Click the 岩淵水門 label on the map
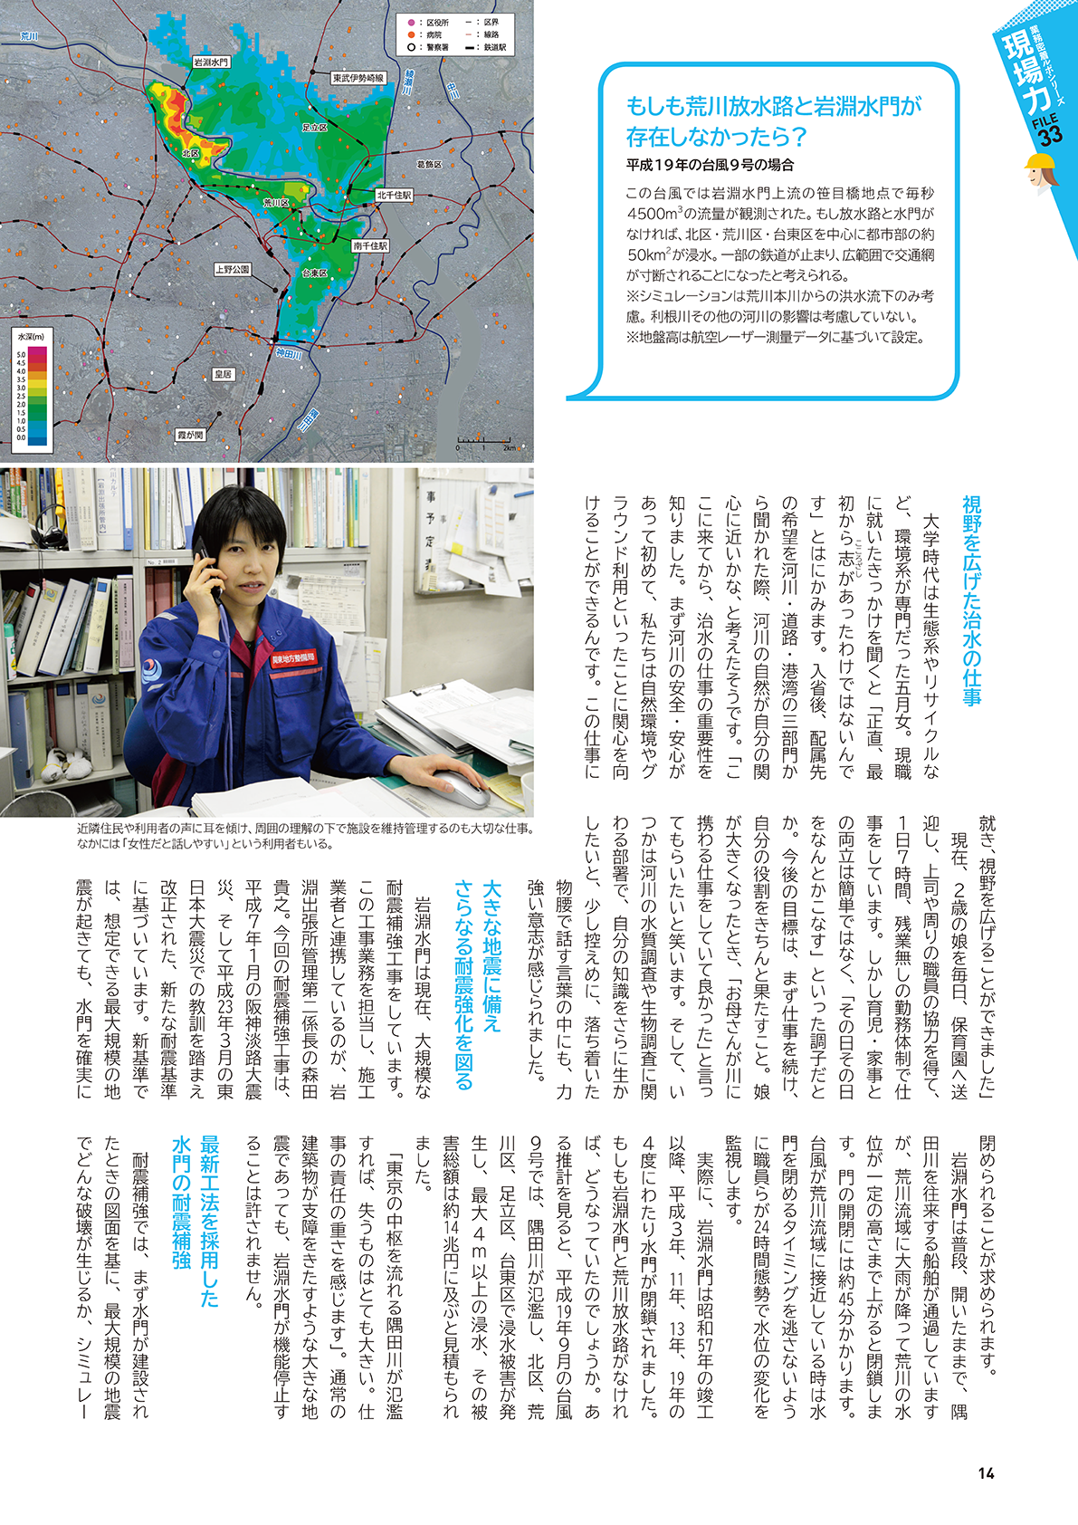point(211,62)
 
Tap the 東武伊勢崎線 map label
point(358,78)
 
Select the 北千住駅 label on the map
point(394,195)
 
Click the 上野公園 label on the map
point(233,269)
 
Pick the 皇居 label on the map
point(223,373)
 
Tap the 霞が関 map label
point(190,435)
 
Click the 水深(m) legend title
point(30,337)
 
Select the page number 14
point(987,1472)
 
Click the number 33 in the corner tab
point(1050,136)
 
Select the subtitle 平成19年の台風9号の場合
point(710,165)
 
